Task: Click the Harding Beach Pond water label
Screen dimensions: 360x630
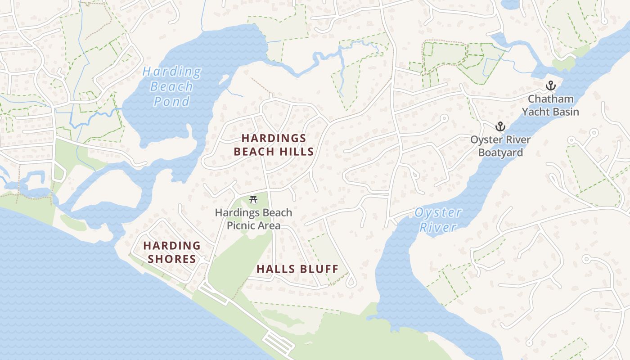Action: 171,86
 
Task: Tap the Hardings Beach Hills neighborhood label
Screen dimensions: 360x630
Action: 274,145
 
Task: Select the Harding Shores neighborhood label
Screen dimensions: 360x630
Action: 171,252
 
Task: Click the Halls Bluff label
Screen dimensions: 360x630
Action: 297,270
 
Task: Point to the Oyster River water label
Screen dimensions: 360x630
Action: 438,220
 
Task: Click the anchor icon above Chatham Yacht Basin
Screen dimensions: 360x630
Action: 550,85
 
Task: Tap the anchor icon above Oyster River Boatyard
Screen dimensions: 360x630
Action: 500,126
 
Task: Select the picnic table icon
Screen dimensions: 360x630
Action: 253,199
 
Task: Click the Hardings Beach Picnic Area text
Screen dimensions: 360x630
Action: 253,219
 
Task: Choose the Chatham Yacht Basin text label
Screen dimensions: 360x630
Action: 550,105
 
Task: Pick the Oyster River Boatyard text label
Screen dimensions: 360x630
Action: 500,146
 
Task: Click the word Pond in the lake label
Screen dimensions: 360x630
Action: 171,102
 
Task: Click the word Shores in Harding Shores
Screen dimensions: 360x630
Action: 172,259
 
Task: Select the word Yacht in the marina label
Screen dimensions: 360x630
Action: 538,112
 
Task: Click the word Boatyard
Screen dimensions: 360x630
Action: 500,153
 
